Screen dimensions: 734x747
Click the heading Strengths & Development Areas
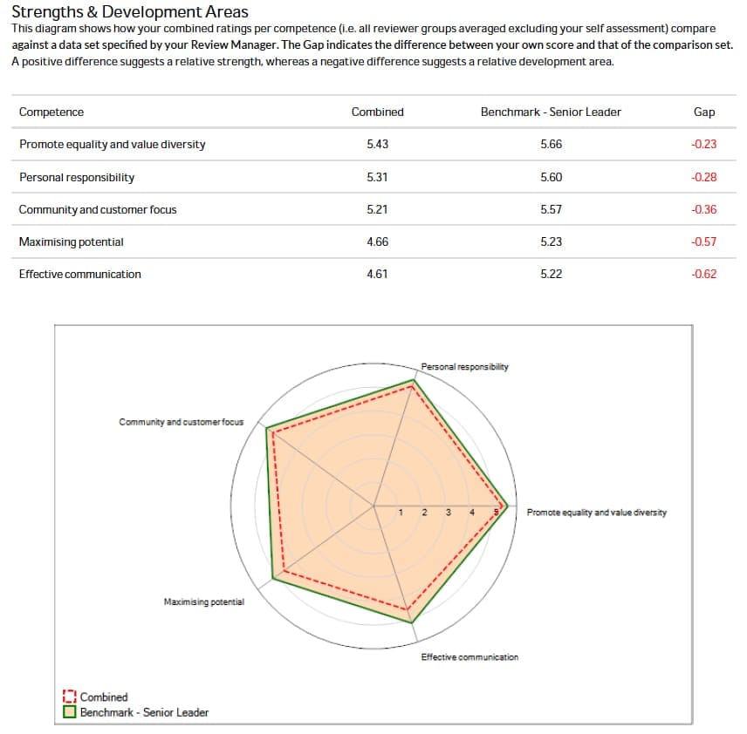pyautogui.click(x=130, y=12)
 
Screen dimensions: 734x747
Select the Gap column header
pyautogui.click(x=703, y=112)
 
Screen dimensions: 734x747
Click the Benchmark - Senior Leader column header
pyautogui.click(x=551, y=112)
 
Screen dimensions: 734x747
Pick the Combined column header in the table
pyautogui.click(x=377, y=112)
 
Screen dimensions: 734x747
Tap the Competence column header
pyautogui.click(x=51, y=112)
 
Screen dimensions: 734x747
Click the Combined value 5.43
pyautogui.click(x=377, y=145)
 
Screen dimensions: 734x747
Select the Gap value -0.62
pyautogui.click(x=703, y=275)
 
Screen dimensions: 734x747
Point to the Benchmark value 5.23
pyautogui.click(x=551, y=242)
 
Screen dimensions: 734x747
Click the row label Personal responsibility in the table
pyautogui.click(x=77, y=178)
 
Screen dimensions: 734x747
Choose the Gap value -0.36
pyautogui.click(x=703, y=210)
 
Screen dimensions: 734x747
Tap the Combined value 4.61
pyautogui.click(x=377, y=275)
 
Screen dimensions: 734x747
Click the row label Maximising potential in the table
pyautogui.click(x=72, y=242)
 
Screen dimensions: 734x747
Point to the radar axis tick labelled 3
pyautogui.click(x=448, y=513)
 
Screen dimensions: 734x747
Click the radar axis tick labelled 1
pyautogui.click(x=400, y=513)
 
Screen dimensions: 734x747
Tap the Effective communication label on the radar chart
pyautogui.click(x=469, y=657)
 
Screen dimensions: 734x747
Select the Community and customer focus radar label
pyautogui.click(x=182, y=422)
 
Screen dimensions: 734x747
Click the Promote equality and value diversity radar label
pyautogui.click(x=597, y=513)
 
